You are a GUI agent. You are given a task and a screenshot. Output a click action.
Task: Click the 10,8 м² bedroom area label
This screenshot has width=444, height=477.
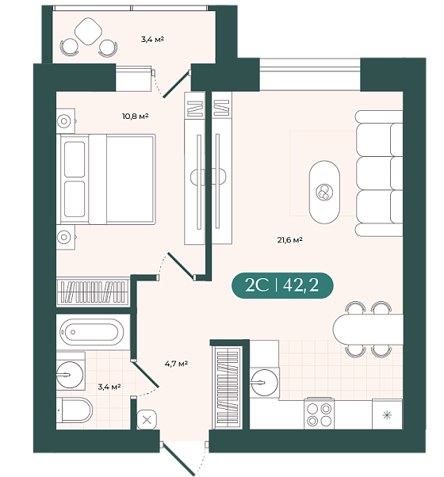[135, 116]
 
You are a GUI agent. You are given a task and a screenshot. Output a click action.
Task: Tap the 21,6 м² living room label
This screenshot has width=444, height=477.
[289, 240]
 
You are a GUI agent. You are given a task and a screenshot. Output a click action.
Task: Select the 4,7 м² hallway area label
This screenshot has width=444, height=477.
[176, 363]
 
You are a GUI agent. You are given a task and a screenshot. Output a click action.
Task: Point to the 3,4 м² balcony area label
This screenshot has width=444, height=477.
[152, 40]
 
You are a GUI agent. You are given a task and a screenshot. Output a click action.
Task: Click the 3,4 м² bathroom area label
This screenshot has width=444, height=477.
[109, 387]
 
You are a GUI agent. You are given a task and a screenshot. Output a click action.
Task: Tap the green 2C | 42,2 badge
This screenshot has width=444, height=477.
[282, 285]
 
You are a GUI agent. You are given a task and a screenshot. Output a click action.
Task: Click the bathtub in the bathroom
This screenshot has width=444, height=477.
[92, 332]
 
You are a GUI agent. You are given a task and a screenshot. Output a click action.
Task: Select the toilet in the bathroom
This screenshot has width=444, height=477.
[75, 410]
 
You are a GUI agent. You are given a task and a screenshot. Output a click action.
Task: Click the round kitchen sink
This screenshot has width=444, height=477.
[264, 383]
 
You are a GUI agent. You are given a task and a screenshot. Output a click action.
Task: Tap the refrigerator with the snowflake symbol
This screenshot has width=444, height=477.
[387, 414]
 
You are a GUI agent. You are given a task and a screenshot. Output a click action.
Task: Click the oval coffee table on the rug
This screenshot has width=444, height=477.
[324, 192]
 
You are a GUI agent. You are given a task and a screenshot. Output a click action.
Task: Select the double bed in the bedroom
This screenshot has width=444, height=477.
[108, 180]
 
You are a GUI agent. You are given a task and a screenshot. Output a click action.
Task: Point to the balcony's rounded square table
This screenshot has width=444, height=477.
[88, 32]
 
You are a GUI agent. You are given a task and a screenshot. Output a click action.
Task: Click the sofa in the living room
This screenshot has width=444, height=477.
[379, 174]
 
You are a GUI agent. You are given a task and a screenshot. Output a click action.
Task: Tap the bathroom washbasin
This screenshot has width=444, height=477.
[70, 375]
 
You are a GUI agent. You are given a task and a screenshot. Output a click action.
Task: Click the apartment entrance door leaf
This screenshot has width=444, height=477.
[178, 459]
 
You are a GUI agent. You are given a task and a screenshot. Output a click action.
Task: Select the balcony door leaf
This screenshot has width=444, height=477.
[177, 84]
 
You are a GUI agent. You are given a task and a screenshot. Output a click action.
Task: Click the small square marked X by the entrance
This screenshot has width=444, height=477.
[147, 420]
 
